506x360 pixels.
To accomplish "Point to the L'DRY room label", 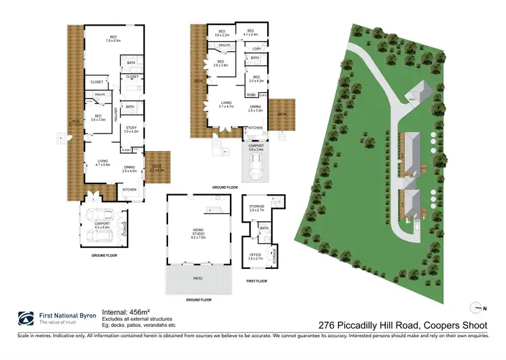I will [256, 49].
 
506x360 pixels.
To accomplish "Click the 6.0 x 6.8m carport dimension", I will [102, 227].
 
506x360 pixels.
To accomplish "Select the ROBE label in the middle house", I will [251, 95].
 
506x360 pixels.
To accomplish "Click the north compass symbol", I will [476, 307].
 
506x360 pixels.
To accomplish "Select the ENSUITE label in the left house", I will [99, 94].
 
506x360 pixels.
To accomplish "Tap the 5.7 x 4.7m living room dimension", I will [225, 107].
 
